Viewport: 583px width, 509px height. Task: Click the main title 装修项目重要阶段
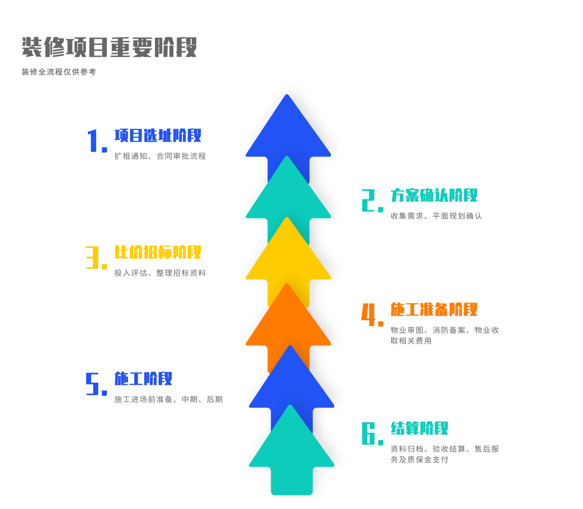[x=109, y=47]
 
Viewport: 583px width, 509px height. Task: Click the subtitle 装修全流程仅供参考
[x=59, y=72]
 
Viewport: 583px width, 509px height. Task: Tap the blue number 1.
[x=95, y=141]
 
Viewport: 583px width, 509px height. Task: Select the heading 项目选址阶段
[x=158, y=135]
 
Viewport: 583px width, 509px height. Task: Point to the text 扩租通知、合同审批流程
[x=160, y=156]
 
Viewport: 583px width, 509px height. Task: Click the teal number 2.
[x=371, y=201]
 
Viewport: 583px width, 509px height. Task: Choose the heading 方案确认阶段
[x=434, y=195]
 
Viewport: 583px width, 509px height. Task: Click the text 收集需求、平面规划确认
[x=436, y=216]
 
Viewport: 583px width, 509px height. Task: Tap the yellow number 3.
[x=95, y=258]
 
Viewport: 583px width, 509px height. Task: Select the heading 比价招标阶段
[x=158, y=252]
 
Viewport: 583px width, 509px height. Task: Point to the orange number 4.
[x=371, y=315]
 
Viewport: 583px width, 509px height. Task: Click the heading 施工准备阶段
[x=434, y=309]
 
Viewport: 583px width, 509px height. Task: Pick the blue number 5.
[x=95, y=384]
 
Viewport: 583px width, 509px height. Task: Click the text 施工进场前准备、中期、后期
[x=168, y=400]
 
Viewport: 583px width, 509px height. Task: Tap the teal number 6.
[x=371, y=434]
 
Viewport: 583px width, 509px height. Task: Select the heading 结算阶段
[x=419, y=429]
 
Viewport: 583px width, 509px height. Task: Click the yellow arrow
[x=288, y=259]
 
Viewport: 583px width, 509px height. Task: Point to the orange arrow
[x=288, y=324]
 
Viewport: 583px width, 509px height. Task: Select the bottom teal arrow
[x=291, y=458]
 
